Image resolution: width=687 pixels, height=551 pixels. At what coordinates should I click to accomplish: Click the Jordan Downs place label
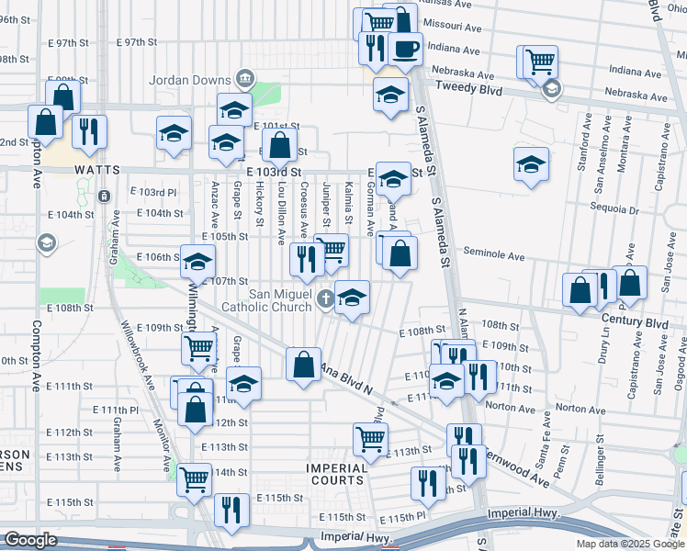click(x=197, y=80)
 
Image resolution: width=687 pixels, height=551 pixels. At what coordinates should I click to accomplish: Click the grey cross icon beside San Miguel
click(x=324, y=298)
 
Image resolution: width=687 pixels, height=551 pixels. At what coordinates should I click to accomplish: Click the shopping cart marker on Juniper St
click(x=331, y=249)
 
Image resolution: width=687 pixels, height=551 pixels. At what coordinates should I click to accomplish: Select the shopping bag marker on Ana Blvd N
click(x=303, y=364)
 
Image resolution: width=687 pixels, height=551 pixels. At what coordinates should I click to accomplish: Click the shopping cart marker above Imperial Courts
click(x=370, y=438)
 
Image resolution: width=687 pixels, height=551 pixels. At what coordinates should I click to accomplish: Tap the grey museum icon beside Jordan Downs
click(x=244, y=79)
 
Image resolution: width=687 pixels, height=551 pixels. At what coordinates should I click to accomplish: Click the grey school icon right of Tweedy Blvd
click(x=552, y=89)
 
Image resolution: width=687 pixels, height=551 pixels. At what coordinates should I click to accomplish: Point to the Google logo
click(x=30, y=541)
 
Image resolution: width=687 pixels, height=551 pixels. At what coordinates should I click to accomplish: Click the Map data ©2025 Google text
click(x=629, y=544)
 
